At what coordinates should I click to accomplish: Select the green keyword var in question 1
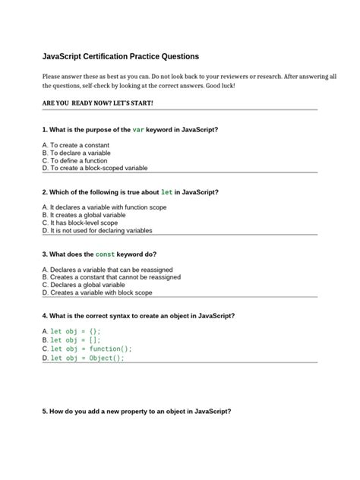(138, 130)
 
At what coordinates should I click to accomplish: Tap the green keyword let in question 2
(166, 192)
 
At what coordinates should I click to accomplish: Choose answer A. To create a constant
(77, 145)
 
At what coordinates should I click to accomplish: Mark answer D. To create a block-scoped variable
(95, 168)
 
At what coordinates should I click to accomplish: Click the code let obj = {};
(75, 332)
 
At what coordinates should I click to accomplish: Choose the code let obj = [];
(75, 340)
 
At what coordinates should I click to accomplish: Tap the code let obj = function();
(90, 349)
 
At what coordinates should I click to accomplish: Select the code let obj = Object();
(87, 358)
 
